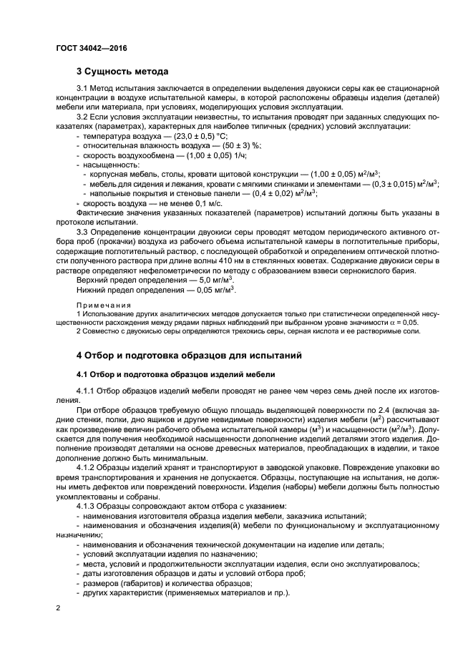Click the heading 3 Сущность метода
[x=122, y=72]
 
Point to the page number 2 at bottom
[x=59, y=607]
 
